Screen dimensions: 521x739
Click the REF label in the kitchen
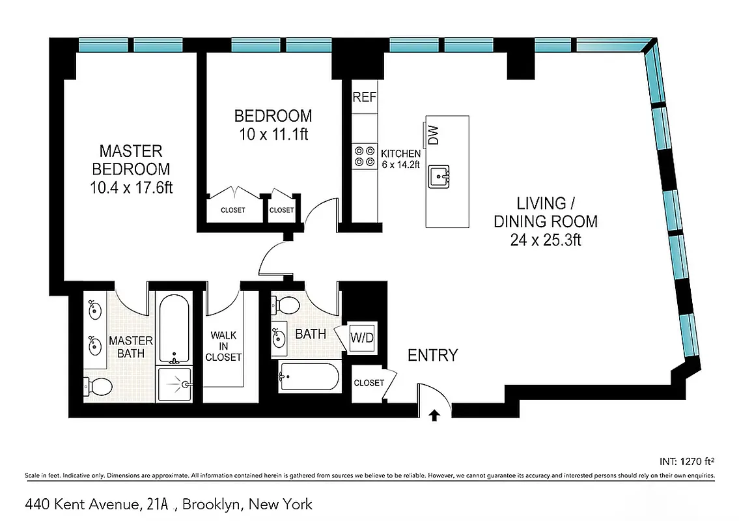[x=365, y=98]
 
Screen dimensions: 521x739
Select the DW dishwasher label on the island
[x=434, y=134]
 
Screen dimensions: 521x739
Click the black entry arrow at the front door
[x=435, y=415]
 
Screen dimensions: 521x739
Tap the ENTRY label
[x=432, y=356]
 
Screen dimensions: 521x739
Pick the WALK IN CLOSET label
[x=223, y=346]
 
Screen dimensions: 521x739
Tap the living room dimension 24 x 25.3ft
[x=546, y=240]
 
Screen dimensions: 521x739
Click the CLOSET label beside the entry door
[x=369, y=383]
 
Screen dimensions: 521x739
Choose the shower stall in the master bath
[x=174, y=384]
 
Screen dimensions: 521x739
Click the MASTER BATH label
[x=131, y=347]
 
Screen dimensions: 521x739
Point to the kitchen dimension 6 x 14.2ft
[x=400, y=165]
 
